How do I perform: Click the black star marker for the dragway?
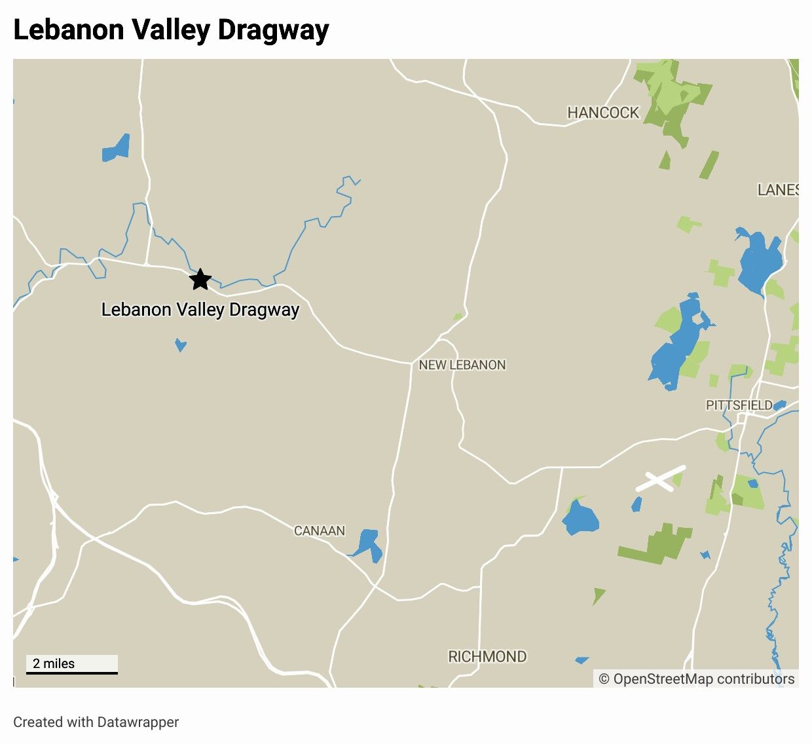(200, 280)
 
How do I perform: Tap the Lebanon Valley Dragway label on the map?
(200, 310)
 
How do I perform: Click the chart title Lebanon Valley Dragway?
(171, 30)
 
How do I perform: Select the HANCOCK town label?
(602, 113)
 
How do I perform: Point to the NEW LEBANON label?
(462, 365)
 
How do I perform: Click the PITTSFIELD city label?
(739, 405)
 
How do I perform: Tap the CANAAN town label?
(319, 530)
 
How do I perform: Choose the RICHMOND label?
(487, 656)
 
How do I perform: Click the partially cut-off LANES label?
(777, 190)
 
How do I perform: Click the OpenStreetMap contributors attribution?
(697, 679)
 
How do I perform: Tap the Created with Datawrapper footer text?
(96, 722)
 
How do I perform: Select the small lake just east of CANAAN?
(368, 544)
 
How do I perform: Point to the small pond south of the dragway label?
(180, 344)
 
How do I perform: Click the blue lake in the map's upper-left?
(116, 149)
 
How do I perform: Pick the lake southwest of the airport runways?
(580, 517)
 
